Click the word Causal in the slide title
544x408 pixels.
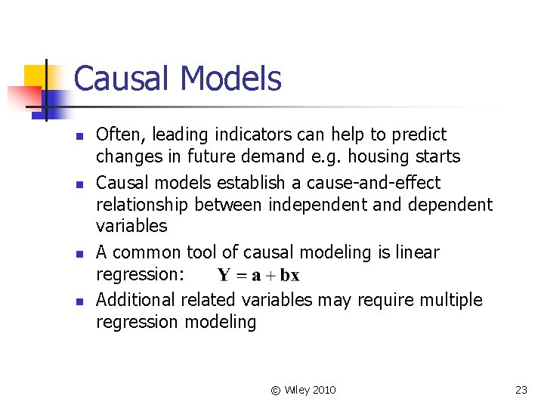[x=122, y=79]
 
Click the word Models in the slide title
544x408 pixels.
[x=230, y=79]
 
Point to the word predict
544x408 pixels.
[x=419, y=135]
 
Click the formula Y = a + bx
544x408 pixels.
[x=258, y=275]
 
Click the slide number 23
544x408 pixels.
[x=521, y=390]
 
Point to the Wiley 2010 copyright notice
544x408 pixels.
[x=304, y=390]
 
